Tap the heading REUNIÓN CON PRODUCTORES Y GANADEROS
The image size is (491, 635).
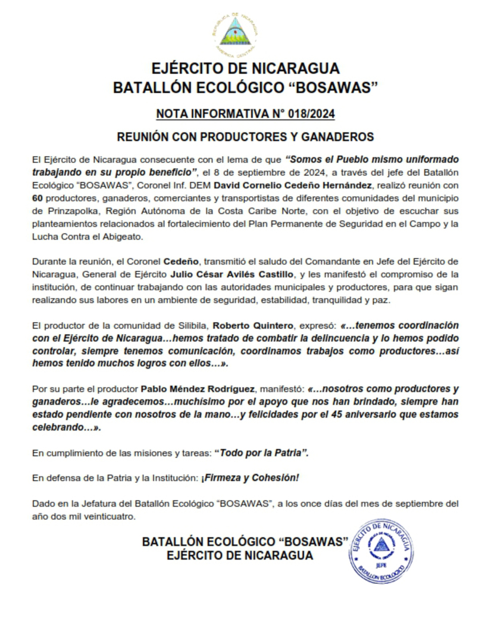245,137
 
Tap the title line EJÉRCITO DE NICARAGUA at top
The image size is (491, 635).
245,67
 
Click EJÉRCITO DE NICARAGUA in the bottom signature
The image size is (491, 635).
240,556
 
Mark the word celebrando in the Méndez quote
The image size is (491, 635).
57,427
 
